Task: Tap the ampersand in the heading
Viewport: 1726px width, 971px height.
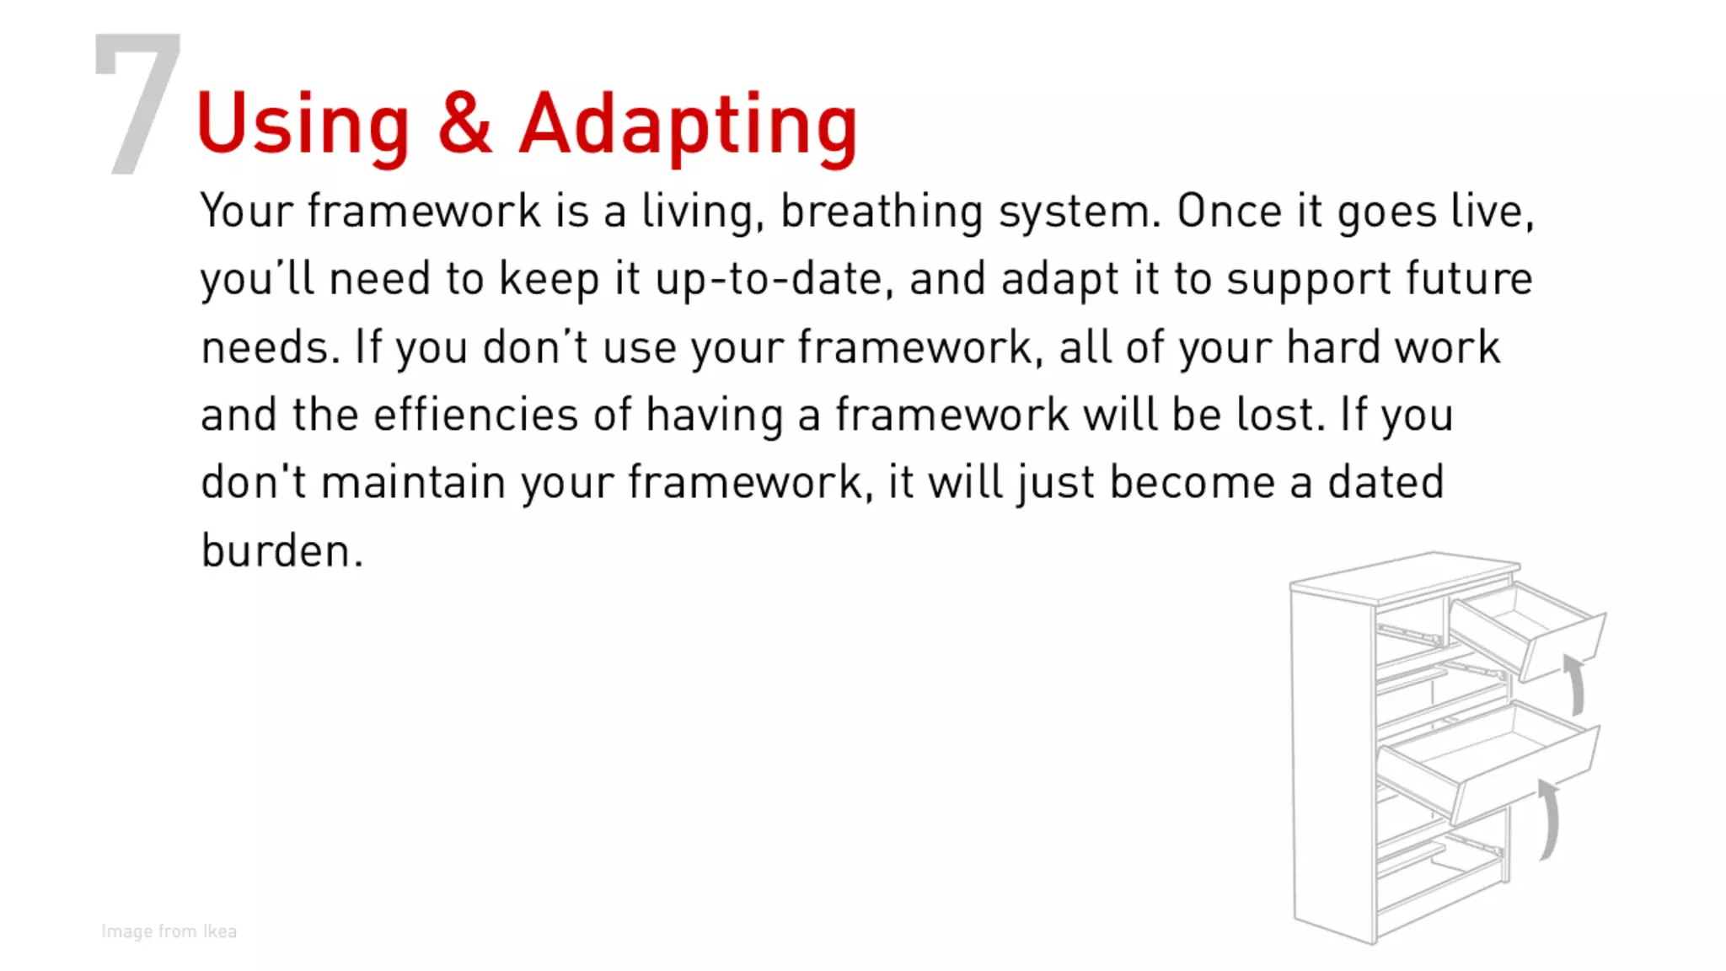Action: (x=464, y=123)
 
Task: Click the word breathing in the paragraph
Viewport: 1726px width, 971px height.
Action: (x=881, y=212)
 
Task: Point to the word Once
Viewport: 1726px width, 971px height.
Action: (x=1229, y=211)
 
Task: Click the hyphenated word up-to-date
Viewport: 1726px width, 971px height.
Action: (x=774, y=280)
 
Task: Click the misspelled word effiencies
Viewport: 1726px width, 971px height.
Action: (x=476, y=415)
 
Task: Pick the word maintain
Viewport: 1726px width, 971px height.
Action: (x=413, y=483)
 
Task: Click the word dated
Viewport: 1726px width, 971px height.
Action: (x=1386, y=483)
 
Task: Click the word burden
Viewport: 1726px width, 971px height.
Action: (x=281, y=551)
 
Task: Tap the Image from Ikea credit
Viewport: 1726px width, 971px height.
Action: (x=169, y=931)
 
